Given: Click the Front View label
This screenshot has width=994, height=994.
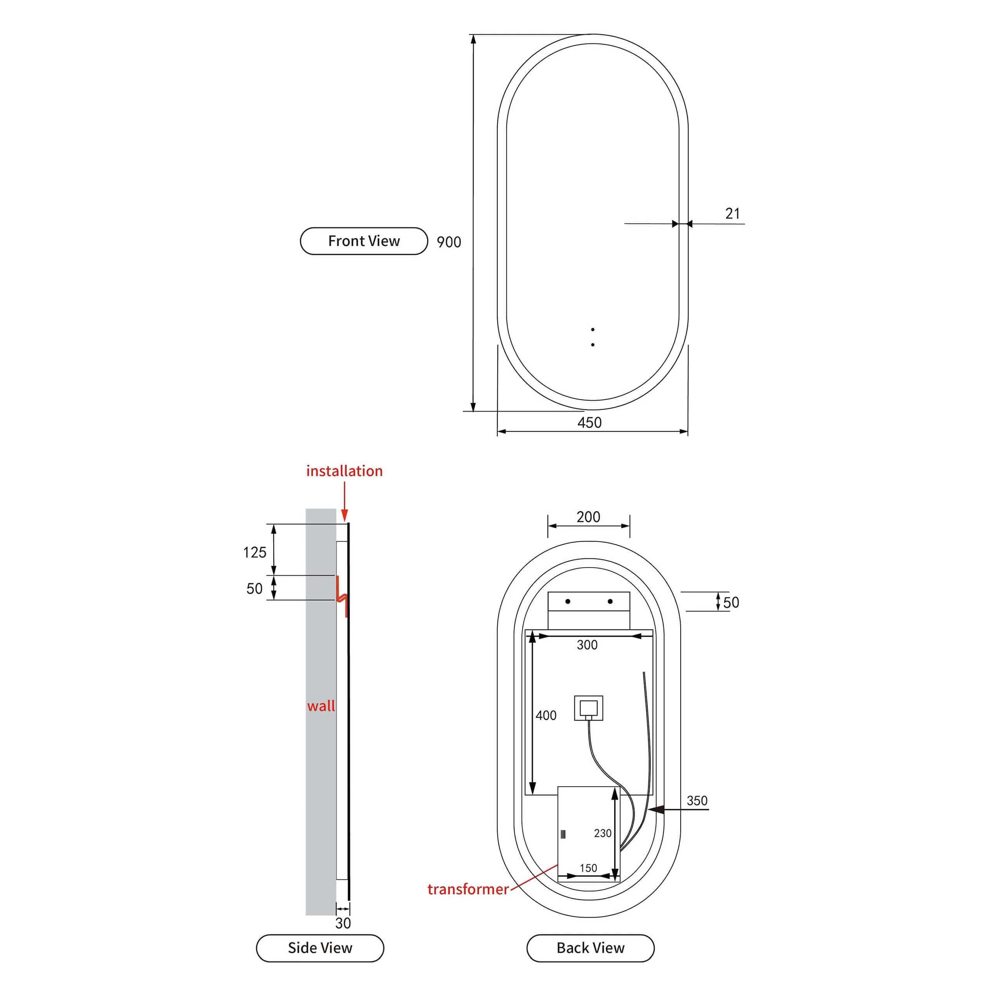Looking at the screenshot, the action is pyautogui.click(x=364, y=241).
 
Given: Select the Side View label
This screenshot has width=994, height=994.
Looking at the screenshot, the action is pyautogui.click(x=320, y=948).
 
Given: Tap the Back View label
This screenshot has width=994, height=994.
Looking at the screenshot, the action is pyautogui.click(x=591, y=948).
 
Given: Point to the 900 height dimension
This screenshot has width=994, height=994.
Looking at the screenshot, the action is pyautogui.click(x=448, y=242).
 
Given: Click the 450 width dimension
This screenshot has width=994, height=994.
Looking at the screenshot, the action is pyautogui.click(x=590, y=422).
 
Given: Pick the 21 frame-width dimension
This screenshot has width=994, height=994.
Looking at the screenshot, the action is pyautogui.click(x=733, y=214).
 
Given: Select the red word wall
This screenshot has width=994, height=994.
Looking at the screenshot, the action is pyautogui.click(x=321, y=706).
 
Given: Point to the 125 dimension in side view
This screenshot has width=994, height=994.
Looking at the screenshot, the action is pyautogui.click(x=255, y=553).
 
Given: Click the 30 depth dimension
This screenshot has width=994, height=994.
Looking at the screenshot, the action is pyautogui.click(x=343, y=923).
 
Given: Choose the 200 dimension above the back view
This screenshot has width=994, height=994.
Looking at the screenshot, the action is pyautogui.click(x=589, y=516).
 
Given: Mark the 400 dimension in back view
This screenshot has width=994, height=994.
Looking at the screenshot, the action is pyautogui.click(x=546, y=715).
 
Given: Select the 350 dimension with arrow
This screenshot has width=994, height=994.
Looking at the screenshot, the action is pyautogui.click(x=697, y=801).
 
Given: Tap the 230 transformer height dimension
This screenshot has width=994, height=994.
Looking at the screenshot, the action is pyautogui.click(x=603, y=833).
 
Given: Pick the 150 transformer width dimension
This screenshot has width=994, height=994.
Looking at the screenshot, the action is pyautogui.click(x=589, y=868).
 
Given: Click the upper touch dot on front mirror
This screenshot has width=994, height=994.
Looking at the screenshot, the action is pyautogui.click(x=593, y=329).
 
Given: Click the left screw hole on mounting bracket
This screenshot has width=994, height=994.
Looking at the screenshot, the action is pyautogui.click(x=568, y=601).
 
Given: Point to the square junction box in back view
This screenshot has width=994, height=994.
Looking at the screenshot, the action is pyautogui.click(x=589, y=709).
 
